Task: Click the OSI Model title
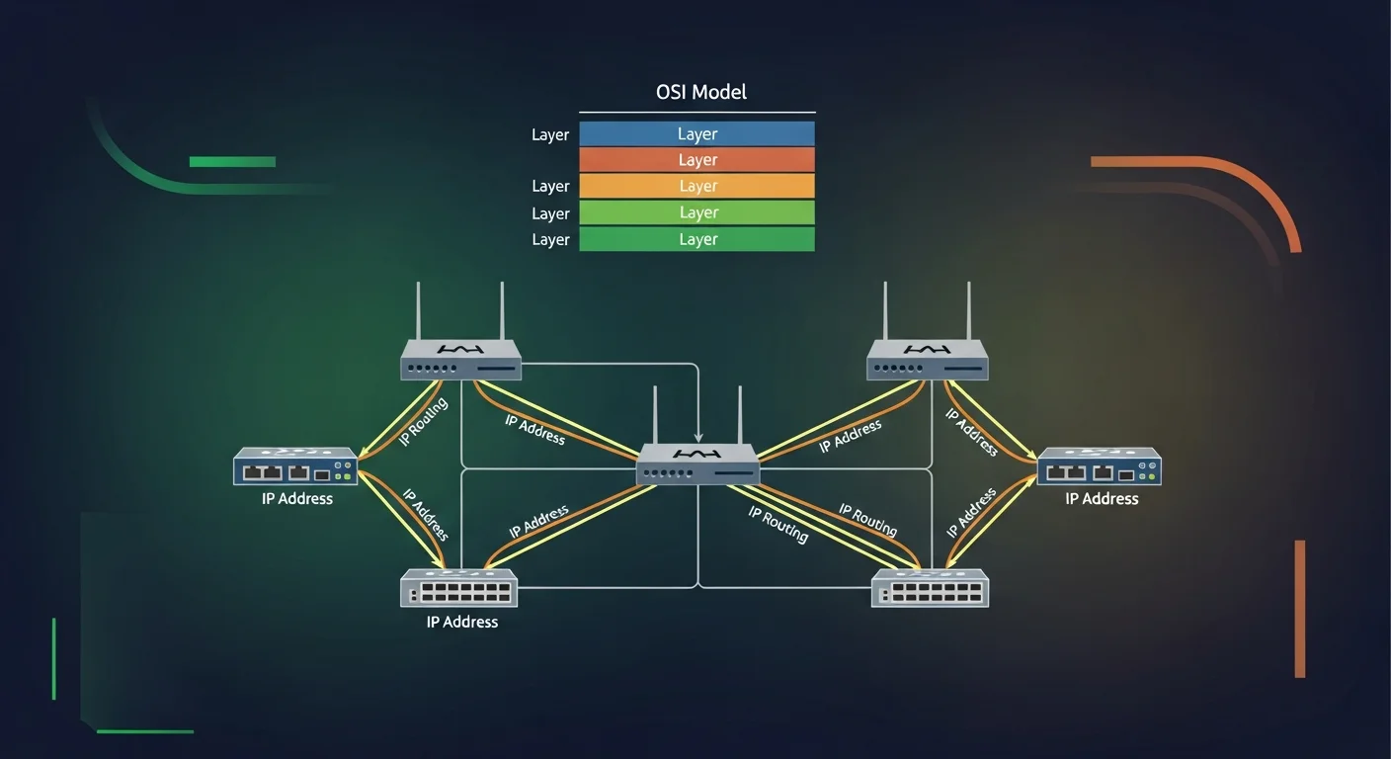[x=700, y=93]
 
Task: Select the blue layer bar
[x=696, y=134]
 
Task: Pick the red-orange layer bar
[x=696, y=160]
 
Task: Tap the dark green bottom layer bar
[x=696, y=239]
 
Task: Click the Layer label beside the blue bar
[x=550, y=135]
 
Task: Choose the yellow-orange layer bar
[x=696, y=186]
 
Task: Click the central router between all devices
[x=697, y=464]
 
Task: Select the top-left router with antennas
[x=460, y=360]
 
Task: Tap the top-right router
[x=928, y=360]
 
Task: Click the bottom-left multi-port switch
[x=460, y=589]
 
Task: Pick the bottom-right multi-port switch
[x=930, y=589]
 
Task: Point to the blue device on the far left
[x=295, y=466]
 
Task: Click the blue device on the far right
[x=1100, y=466]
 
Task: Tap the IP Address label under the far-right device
[x=1102, y=499]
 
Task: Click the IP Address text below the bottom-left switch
[x=461, y=622]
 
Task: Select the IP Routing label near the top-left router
[x=424, y=422]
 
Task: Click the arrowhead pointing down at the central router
[x=698, y=437]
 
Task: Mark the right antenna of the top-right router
[x=969, y=310]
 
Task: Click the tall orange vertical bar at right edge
[x=1300, y=608]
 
